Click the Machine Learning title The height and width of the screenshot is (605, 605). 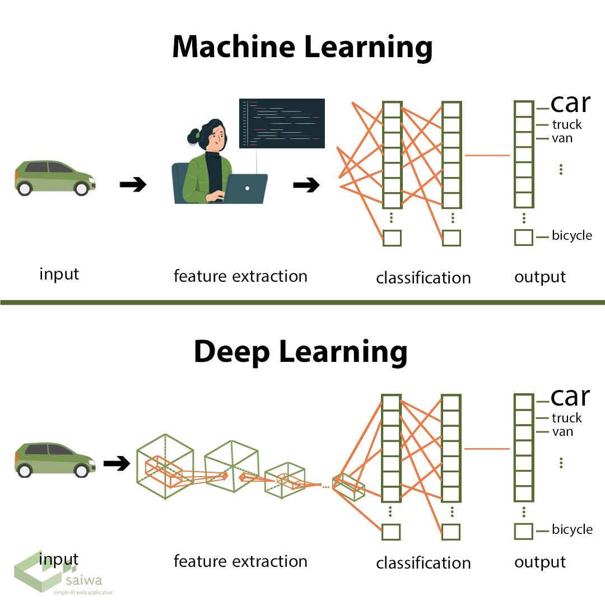click(302, 47)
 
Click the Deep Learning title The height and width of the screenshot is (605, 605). click(301, 352)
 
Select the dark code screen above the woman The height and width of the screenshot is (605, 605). click(282, 123)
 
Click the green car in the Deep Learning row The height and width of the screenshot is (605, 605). click(54, 459)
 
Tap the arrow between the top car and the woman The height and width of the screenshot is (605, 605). click(133, 184)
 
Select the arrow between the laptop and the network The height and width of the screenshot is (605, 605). click(306, 184)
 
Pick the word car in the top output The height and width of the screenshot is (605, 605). click(570, 103)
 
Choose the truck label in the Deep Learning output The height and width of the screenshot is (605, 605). click(567, 418)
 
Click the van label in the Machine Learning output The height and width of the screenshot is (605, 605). click(562, 138)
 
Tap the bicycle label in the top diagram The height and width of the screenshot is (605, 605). click(572, 236)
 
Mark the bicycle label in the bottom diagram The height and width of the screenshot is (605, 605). click(572, 529)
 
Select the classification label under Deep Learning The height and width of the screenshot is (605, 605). click(423, 563)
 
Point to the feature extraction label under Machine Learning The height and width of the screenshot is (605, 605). click(240, 276)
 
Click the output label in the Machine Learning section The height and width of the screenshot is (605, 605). click(540, 277)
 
